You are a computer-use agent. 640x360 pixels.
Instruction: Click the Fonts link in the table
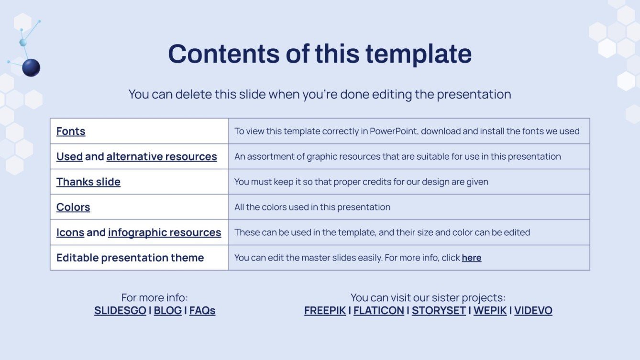[71, 131]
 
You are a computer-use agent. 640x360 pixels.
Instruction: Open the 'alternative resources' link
[161, 156]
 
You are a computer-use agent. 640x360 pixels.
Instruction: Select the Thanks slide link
[88, 182]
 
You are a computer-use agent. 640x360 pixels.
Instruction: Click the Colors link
[73, 207]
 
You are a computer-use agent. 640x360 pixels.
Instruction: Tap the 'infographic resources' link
[164, 232]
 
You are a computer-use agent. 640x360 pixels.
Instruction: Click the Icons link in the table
[70, 232]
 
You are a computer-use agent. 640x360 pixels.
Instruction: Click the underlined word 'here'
[471, 258]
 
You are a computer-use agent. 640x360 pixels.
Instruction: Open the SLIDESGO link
[120, 310]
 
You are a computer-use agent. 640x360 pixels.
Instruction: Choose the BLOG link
[167, 310]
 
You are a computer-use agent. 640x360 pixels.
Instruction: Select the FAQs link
[202, 310]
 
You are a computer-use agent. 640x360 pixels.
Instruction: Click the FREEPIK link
[325, 310]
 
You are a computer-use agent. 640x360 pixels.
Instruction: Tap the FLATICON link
[378, 310]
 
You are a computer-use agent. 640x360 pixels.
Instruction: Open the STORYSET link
[439, 310]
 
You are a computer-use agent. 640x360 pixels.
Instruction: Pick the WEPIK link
[490, 310]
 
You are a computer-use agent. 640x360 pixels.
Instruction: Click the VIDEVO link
[533, 310]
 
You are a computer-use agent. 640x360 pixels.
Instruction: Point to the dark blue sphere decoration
[31, 68]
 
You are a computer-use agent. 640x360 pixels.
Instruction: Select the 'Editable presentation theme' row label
[130, 258]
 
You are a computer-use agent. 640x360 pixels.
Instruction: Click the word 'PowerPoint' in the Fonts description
[393, 131]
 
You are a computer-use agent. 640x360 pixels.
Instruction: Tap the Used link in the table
[69, 156]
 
